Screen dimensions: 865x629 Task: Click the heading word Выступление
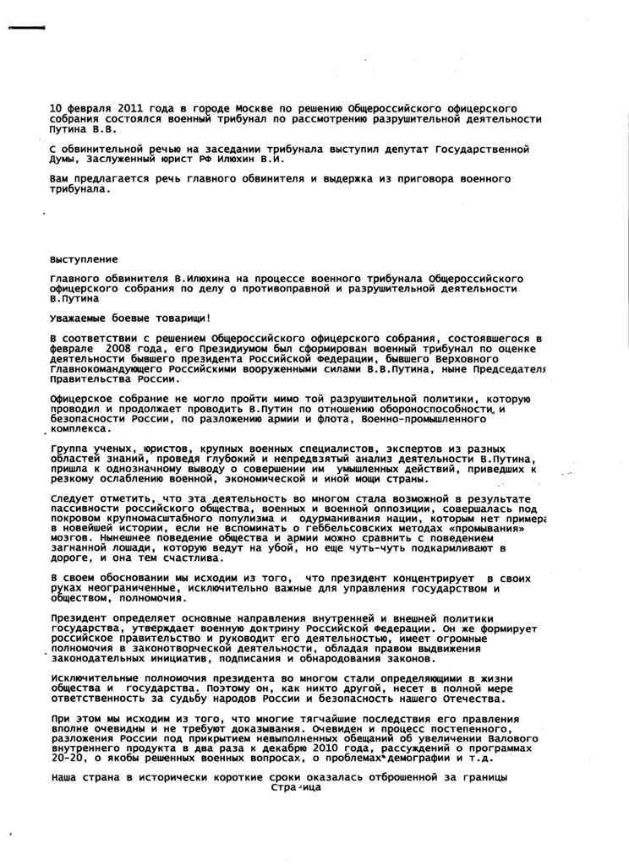(85, 258)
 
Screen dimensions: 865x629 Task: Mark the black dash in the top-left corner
(25, 30)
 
